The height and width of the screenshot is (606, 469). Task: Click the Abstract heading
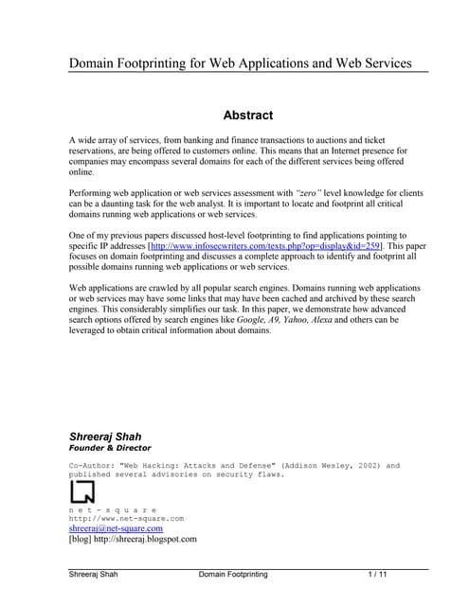[247, 116]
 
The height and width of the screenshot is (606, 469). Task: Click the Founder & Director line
[110, 448]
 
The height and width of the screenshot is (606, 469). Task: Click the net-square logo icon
[82, 492]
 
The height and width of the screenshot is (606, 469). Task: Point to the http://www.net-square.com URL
[126, 519]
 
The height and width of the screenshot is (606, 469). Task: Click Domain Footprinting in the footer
[233, 575]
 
